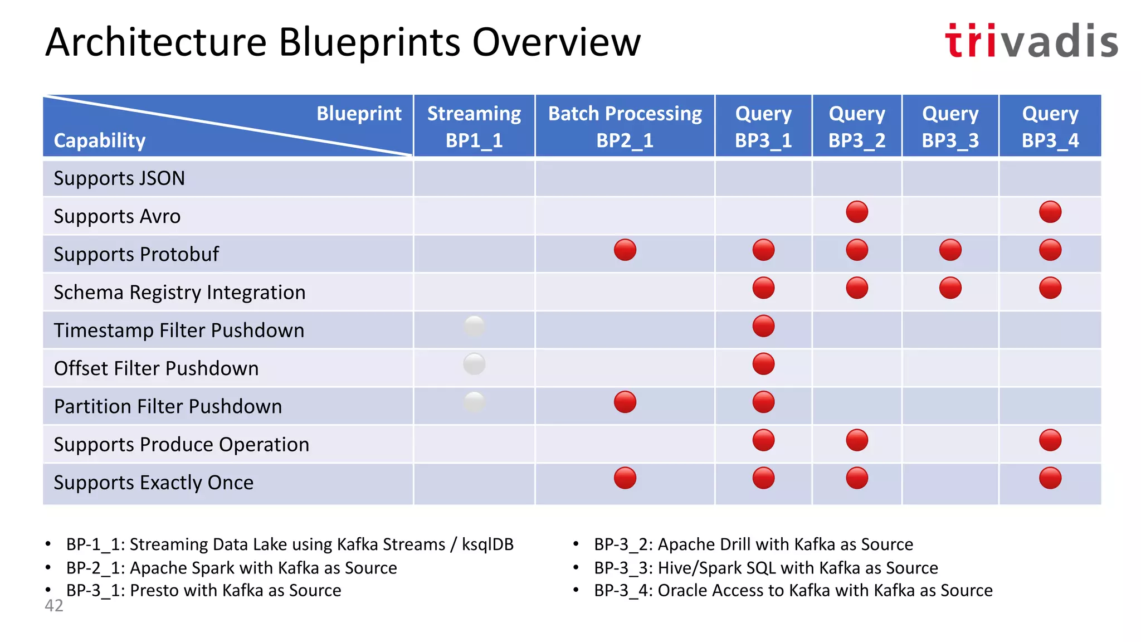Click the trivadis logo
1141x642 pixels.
pyautogui.click(x=1031, y=41)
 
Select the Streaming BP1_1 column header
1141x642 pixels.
pyautogui.click(x=474, y=126)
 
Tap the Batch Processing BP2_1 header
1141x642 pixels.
pyautogui.click(x=625, y=126)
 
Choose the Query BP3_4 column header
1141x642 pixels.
pyautogui.click(x=1050, y=126)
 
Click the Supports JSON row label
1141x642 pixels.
pyautogui.click(x=119, y=178)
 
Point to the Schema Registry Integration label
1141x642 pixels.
pyautogui.click(x=179, y=293)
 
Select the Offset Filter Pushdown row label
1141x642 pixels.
pyautogui.click(x=156, y=368)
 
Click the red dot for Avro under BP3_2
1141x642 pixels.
pyautogui.click(x=856, y=212)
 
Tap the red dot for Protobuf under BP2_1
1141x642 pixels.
pyautogui.click(x=625, y=250)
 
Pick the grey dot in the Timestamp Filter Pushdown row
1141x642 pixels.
pyautogui.click(x=474, y=326)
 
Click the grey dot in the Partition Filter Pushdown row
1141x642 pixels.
pyautogui.click(x=474, y=402)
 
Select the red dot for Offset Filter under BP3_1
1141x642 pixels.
pyautogui.click(x=763, y=364)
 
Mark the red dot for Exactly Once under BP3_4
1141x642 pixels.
pyautogui.click(x=1050, y=478)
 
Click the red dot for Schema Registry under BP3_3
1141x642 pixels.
pyautogui.click(x=950, y=288)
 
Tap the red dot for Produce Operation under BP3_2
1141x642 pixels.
pyautogui.click(x=856, y=440)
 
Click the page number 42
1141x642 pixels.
pyautogui.click(x=54, y=606)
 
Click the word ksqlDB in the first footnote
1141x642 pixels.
pyautogui.click(x=487, y=544)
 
